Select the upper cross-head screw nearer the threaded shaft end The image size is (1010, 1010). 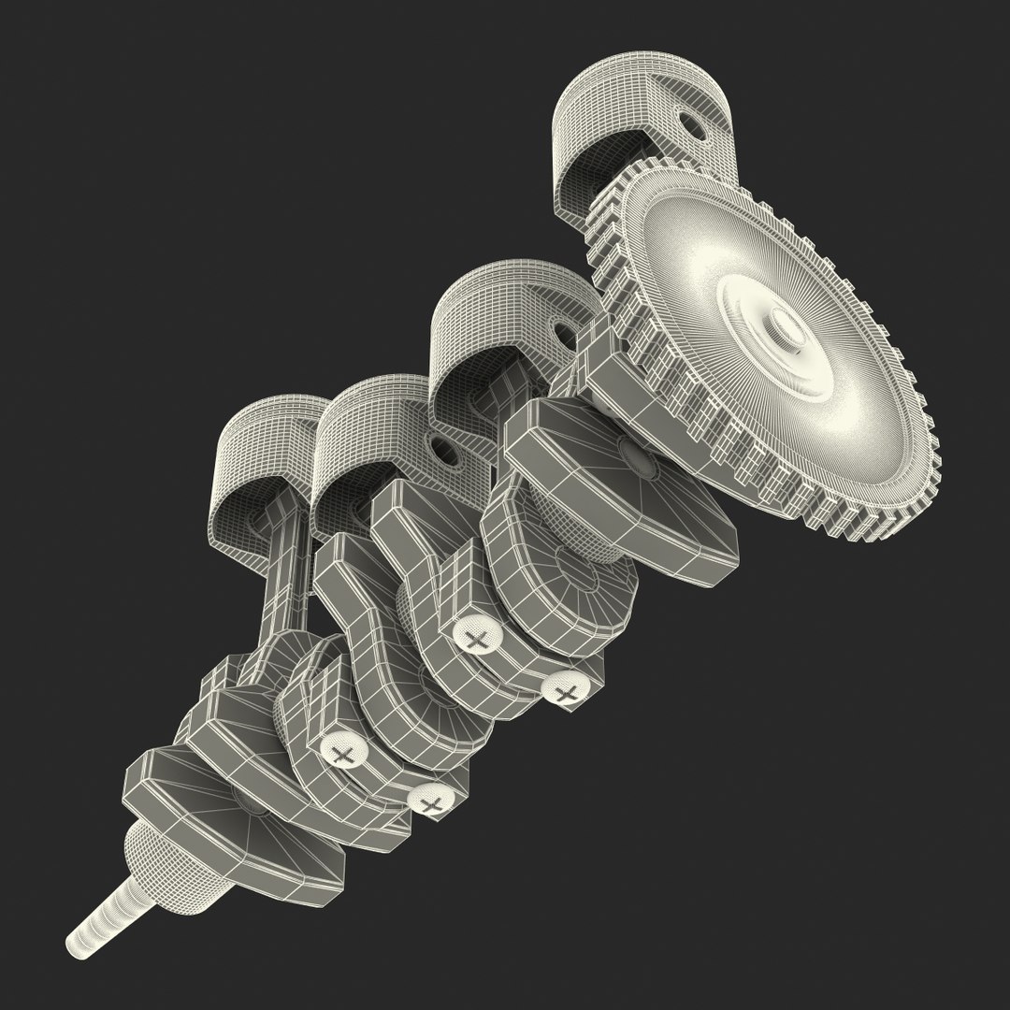click(x=343, y=751)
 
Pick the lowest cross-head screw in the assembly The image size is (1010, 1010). click(x=431, y=802)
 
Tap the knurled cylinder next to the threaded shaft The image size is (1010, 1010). click(x=168, y=865)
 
